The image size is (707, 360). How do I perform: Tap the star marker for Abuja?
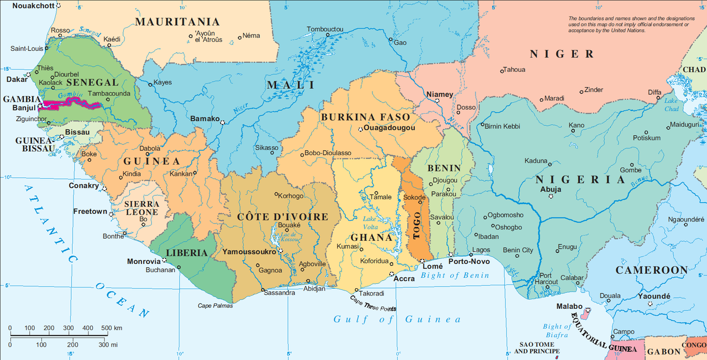tap(550, 197)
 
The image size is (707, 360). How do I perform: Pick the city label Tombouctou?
tap(325, 29)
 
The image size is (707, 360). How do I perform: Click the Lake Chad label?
tap(671, 105)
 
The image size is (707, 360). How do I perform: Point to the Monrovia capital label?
tap(144, 261)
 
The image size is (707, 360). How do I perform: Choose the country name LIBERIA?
tap(187, 253)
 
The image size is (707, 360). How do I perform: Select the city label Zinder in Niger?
tap(594, 89)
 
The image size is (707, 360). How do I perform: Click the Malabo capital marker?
tap(588, 311)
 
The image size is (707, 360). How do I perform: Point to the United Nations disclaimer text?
tap(629, 24)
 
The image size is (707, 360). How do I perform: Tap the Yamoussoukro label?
tap(249, 251)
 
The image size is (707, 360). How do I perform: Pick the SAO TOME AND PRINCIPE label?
tap(537, 347)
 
